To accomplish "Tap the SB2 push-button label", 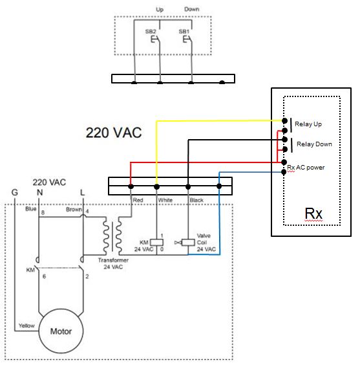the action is point(151,32).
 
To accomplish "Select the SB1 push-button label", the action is point(184,32).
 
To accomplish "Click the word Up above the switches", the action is point(160,10).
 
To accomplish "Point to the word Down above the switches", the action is point(192,9).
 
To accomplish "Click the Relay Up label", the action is point(308,124).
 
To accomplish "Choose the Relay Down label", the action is point(314,144).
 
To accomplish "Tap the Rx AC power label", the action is point(306,168).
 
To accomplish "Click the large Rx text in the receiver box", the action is point(313,213).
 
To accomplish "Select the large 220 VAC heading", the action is point(114,133).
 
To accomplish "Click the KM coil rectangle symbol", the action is point(156,242).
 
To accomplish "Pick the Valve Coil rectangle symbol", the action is point(188,242).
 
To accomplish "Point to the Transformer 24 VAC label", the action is point(113,263).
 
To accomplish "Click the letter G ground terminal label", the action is point(15,192).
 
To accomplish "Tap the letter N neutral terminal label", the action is point(39,192).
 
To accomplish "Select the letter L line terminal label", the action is point(82,192).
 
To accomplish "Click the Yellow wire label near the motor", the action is point(26,326).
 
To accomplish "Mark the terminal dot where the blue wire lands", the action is point(219,186).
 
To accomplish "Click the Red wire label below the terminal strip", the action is point(138,200).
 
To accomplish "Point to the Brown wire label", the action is point(74,209).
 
